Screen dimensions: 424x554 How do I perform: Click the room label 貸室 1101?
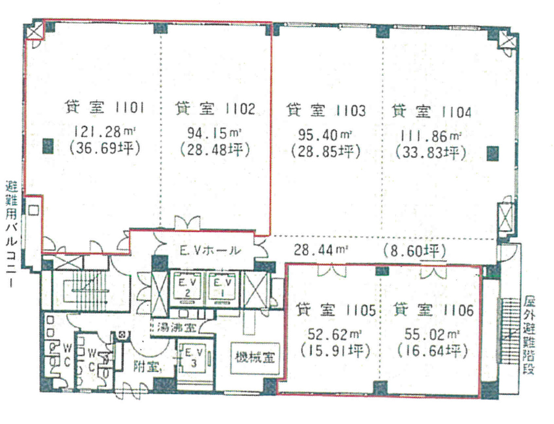[105, 108]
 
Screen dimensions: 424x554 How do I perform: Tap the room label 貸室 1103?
[325, 110]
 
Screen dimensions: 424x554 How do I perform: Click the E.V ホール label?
[210, 251]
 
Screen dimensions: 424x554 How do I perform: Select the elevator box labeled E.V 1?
[222, 287]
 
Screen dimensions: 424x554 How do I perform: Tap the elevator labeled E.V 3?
[192, 358]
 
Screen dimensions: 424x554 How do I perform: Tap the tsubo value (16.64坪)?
[432, 352]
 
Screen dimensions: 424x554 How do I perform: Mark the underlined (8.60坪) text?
[414, 251]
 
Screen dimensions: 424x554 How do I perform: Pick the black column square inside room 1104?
[493, 153]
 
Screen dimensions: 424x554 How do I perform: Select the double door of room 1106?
[434, 273]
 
